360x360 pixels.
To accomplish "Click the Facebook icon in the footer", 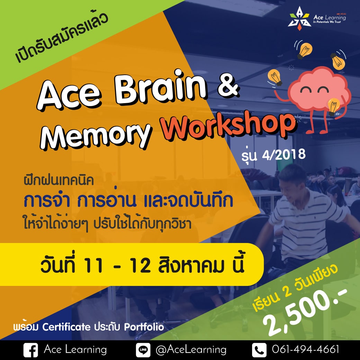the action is click(x=30, y=350).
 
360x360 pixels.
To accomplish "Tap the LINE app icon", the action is click(x=143, y=350).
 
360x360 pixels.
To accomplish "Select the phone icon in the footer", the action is click(x=259, y=350).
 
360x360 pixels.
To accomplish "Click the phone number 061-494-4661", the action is click(x=306, y=349).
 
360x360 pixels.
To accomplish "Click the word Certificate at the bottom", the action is click(x=66, y=327).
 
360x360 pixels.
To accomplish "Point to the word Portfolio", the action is click(x=144, y=327).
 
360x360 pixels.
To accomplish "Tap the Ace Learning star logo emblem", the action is click(x=299, y=18).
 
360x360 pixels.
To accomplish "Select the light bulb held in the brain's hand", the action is click(x=333, y=106).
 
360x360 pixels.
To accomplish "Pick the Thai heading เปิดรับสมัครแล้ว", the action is click(x=62, y=38).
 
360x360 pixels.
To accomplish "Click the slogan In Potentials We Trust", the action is click(x=327, y=22).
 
